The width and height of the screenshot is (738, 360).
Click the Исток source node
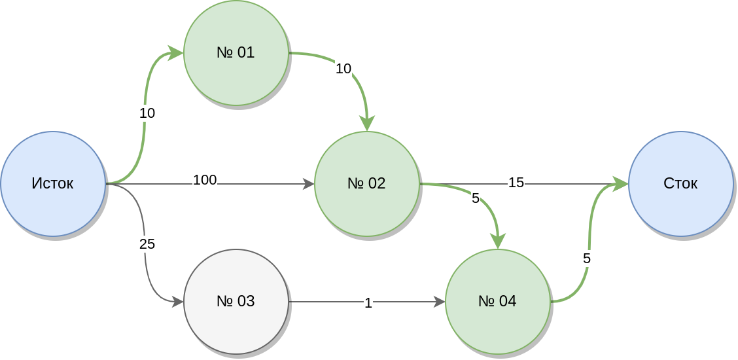pos(52,184)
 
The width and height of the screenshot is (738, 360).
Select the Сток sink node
pos(680,184)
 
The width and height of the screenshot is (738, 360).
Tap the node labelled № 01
pos(236,53)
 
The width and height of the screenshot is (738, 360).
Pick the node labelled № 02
pos(366,184)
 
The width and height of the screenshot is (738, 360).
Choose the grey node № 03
pos(236,302)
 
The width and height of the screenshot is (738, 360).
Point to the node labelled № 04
pos(497,302)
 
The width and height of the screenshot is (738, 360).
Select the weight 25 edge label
pos(147,245)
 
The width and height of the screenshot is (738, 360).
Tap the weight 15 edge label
pos(516,183)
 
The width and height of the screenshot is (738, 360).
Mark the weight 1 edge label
pos(368,303)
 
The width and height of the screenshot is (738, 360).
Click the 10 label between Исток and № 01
pos(147,113)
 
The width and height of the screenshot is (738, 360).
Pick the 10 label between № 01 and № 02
pos(343,69)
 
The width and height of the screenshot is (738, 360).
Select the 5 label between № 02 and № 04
pos(476,198)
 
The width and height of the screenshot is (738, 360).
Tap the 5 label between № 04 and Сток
pos(586,259)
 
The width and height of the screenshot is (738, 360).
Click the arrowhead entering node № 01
pos(175,53)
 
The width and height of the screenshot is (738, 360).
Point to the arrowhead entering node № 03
pos(177,302)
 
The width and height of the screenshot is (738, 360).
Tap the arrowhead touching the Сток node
pos(621,184)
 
